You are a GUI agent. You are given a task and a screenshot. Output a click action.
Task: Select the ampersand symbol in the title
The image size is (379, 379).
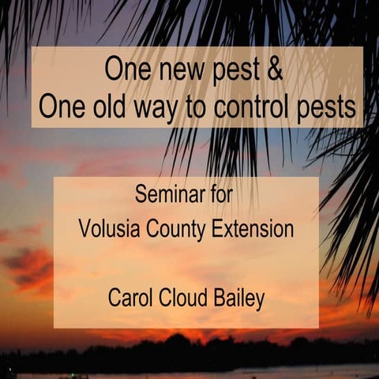[275, 69]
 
